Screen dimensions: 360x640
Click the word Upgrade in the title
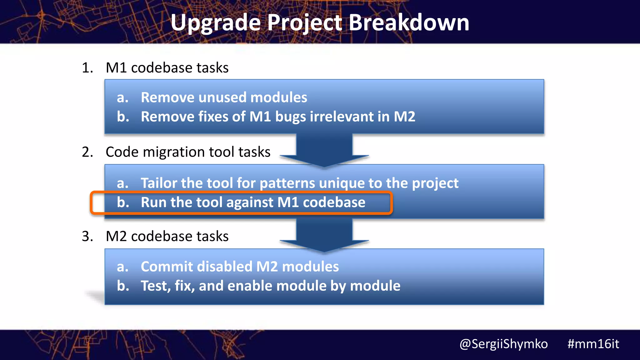[x=215, y=23]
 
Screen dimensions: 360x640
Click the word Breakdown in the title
[x=408, y=22]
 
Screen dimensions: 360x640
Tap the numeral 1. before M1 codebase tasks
[x=87, y=68]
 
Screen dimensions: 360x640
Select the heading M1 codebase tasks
[x=167, y=68]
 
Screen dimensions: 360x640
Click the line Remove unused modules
[x=224, y=97]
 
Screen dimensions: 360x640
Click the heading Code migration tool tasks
[x=188, y=152]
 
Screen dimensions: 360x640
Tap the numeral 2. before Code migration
[x=87, y=152]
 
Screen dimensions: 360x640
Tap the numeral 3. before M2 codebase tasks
[x=87, y=236]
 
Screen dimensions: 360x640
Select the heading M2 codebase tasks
[x=167, y=236]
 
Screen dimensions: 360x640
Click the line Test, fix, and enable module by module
[x=270, y=286]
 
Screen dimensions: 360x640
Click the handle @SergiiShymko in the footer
[x=503, y=344]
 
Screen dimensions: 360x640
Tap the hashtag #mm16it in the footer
[x=593, y=344]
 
